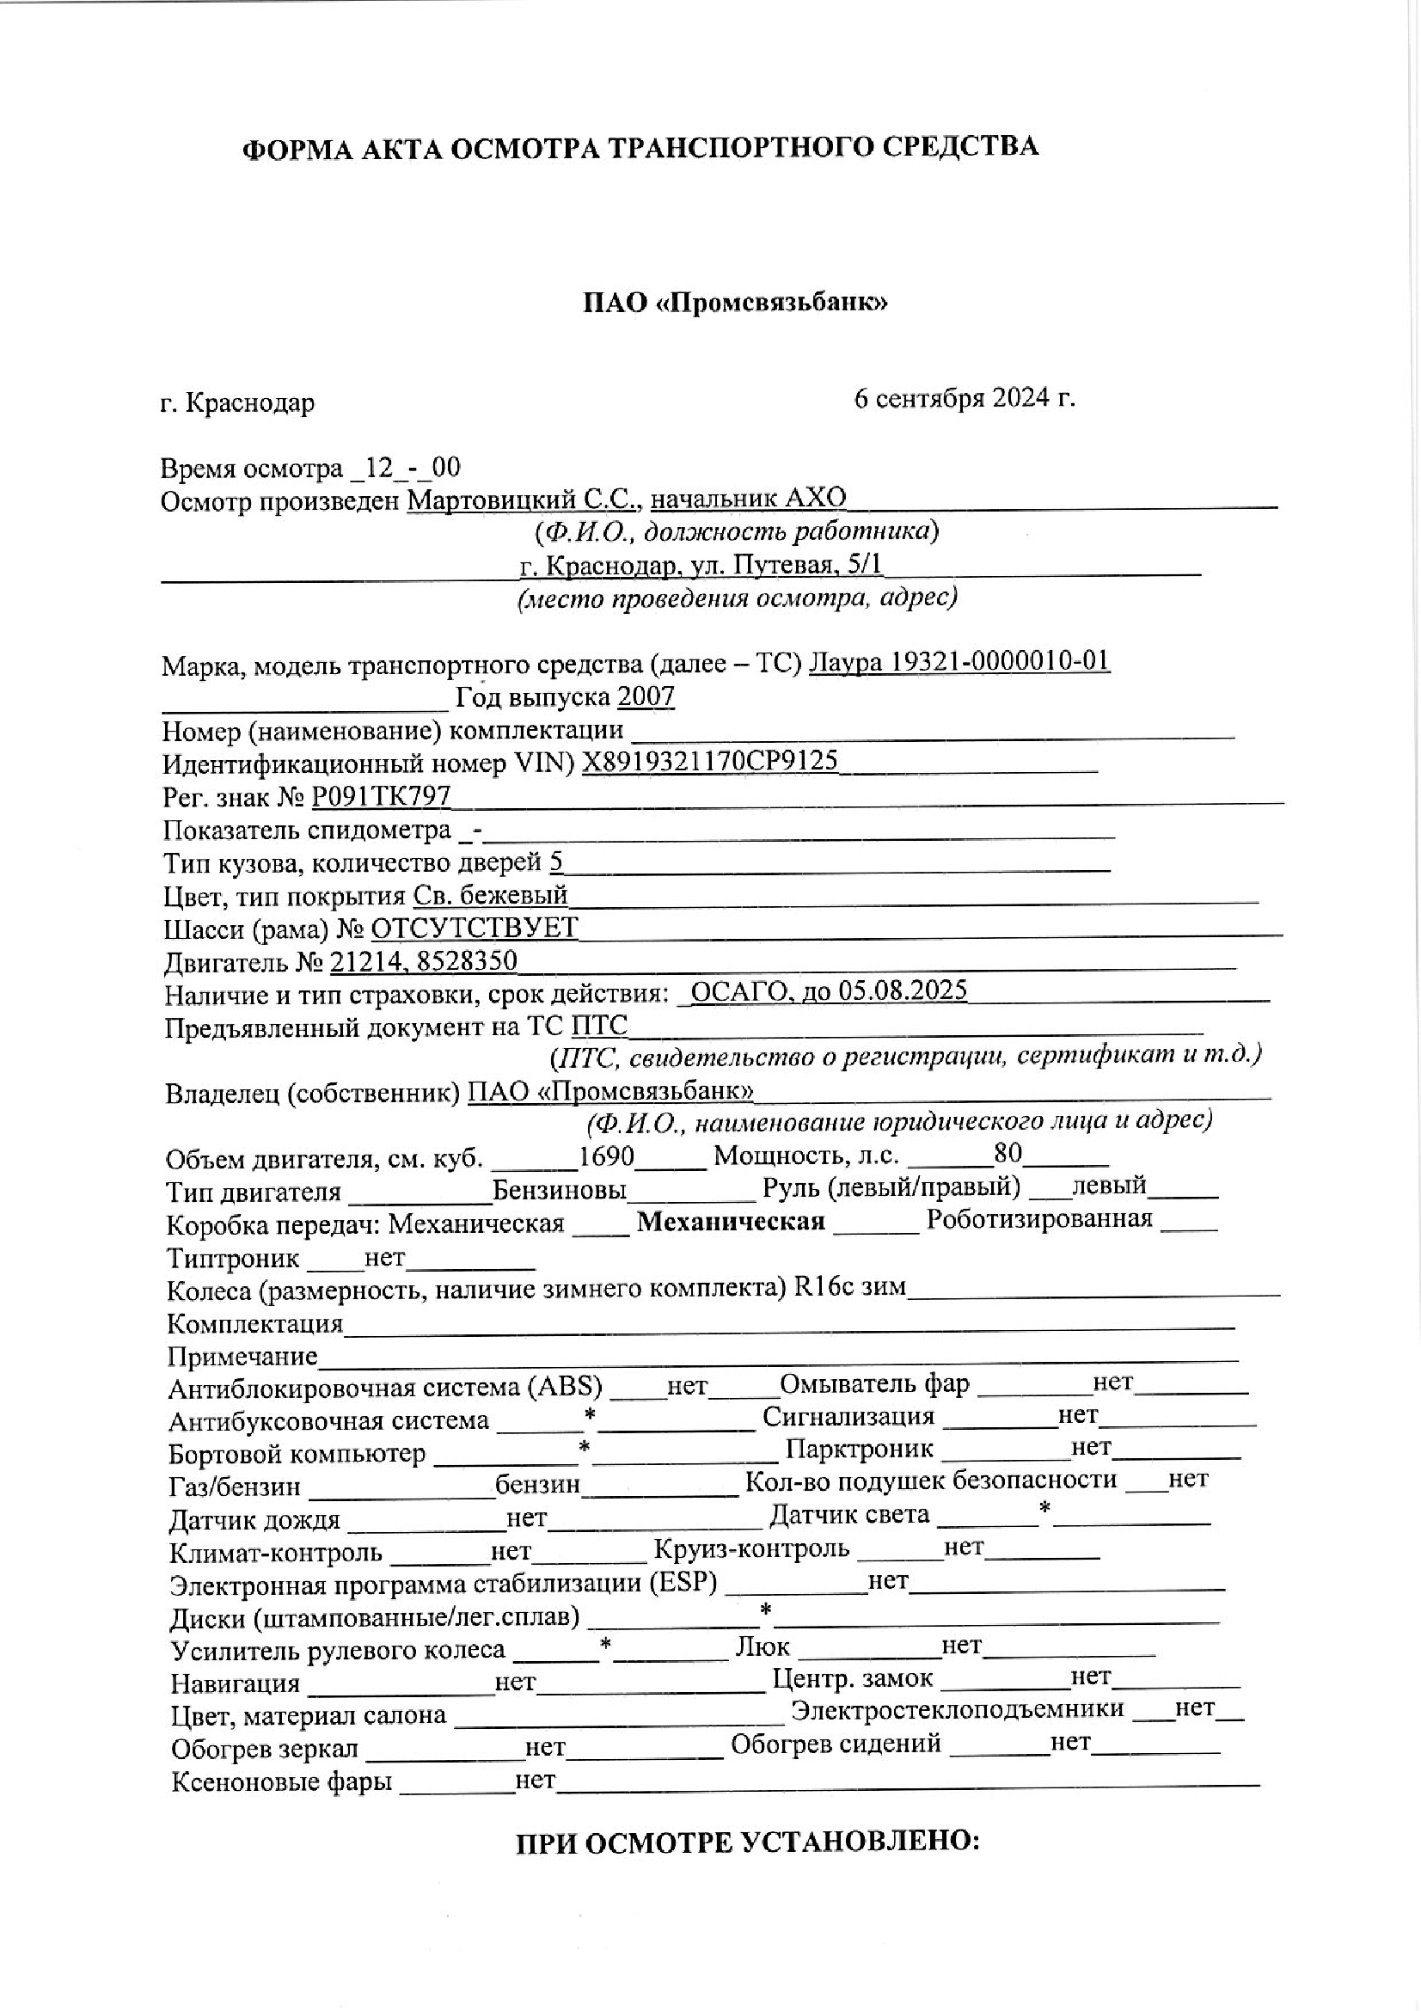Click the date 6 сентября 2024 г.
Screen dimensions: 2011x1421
[x=964, y=399]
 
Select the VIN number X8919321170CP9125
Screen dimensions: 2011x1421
[x=710, y=760]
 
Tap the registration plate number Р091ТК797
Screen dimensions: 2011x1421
[x=382, y=795]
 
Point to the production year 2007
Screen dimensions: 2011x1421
[x=646, y=696]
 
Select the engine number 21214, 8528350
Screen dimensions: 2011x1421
[x=423, y=961]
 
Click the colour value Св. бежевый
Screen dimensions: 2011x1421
[x=490, y=895]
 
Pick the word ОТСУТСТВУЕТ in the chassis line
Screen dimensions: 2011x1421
[x=475, y=928]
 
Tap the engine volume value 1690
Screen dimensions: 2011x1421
[x=606, y=1156]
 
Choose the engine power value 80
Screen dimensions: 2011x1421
[x=1008, y=1154]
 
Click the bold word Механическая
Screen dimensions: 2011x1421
[x=730, y=1222]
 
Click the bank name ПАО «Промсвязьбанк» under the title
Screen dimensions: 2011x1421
[x=736, y=303]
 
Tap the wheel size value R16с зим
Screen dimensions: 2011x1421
[x=849, y=1288]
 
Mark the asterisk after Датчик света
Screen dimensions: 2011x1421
[x=1044, y=1508]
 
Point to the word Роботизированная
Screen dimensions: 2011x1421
[x=1039, y=1219]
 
